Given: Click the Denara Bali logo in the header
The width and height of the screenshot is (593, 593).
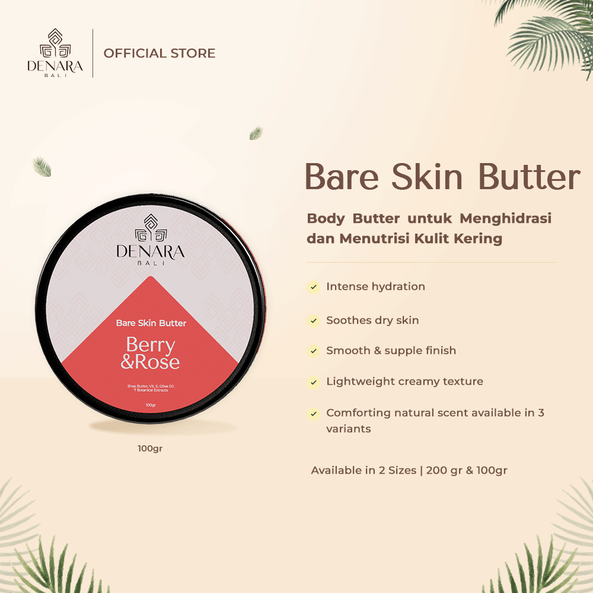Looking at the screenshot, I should tap(55, 53).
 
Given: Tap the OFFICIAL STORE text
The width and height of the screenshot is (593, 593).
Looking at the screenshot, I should tap(159, 53).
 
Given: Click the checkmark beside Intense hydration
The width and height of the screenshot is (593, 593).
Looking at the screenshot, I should tap(313, 288).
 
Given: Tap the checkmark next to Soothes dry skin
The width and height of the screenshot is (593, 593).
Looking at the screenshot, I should tap(313, 321).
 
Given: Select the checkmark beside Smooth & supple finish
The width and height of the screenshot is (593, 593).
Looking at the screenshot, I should tap(313, 352).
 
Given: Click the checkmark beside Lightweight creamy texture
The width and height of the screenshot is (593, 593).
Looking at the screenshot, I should tap(313, 382).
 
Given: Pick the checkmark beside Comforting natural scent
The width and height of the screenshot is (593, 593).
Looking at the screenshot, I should tap(313, 414).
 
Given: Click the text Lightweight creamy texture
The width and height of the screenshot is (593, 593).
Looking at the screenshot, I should tap(404, 381).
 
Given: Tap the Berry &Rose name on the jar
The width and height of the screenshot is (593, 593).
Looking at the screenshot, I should tap(150, 353).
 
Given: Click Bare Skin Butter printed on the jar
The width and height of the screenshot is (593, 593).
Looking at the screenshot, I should tap(151, 323).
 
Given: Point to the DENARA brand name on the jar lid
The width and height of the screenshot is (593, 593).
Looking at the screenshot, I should tap(151, 252).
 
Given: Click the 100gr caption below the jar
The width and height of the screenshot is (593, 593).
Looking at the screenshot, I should tap(150, 448).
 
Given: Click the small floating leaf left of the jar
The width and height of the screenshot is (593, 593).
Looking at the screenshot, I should tap(42, 167).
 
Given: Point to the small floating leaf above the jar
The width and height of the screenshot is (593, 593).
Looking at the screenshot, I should tap(256, 133).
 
